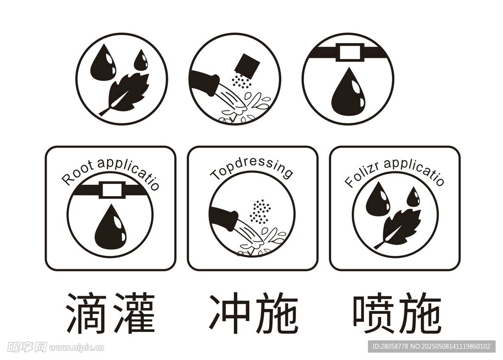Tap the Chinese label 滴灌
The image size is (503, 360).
tap(110, 313)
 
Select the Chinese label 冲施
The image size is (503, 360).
tap(253, 313)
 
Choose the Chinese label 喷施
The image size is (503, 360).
tap(396, 313)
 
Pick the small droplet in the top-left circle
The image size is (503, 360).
tap(141, 61)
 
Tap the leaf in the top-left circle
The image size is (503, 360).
tap(127, 93)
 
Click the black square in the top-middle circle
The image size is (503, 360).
tap(247, 64)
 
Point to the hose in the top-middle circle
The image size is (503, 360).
tap(205, 82)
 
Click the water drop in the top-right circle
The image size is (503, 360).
tap(348, 93)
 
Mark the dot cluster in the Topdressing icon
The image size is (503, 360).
tap(260, 211)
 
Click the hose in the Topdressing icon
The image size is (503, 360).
tap(224, 218)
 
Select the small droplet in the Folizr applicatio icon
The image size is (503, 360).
tap(414, 197)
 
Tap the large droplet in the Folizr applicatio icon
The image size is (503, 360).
tap(378, 200)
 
